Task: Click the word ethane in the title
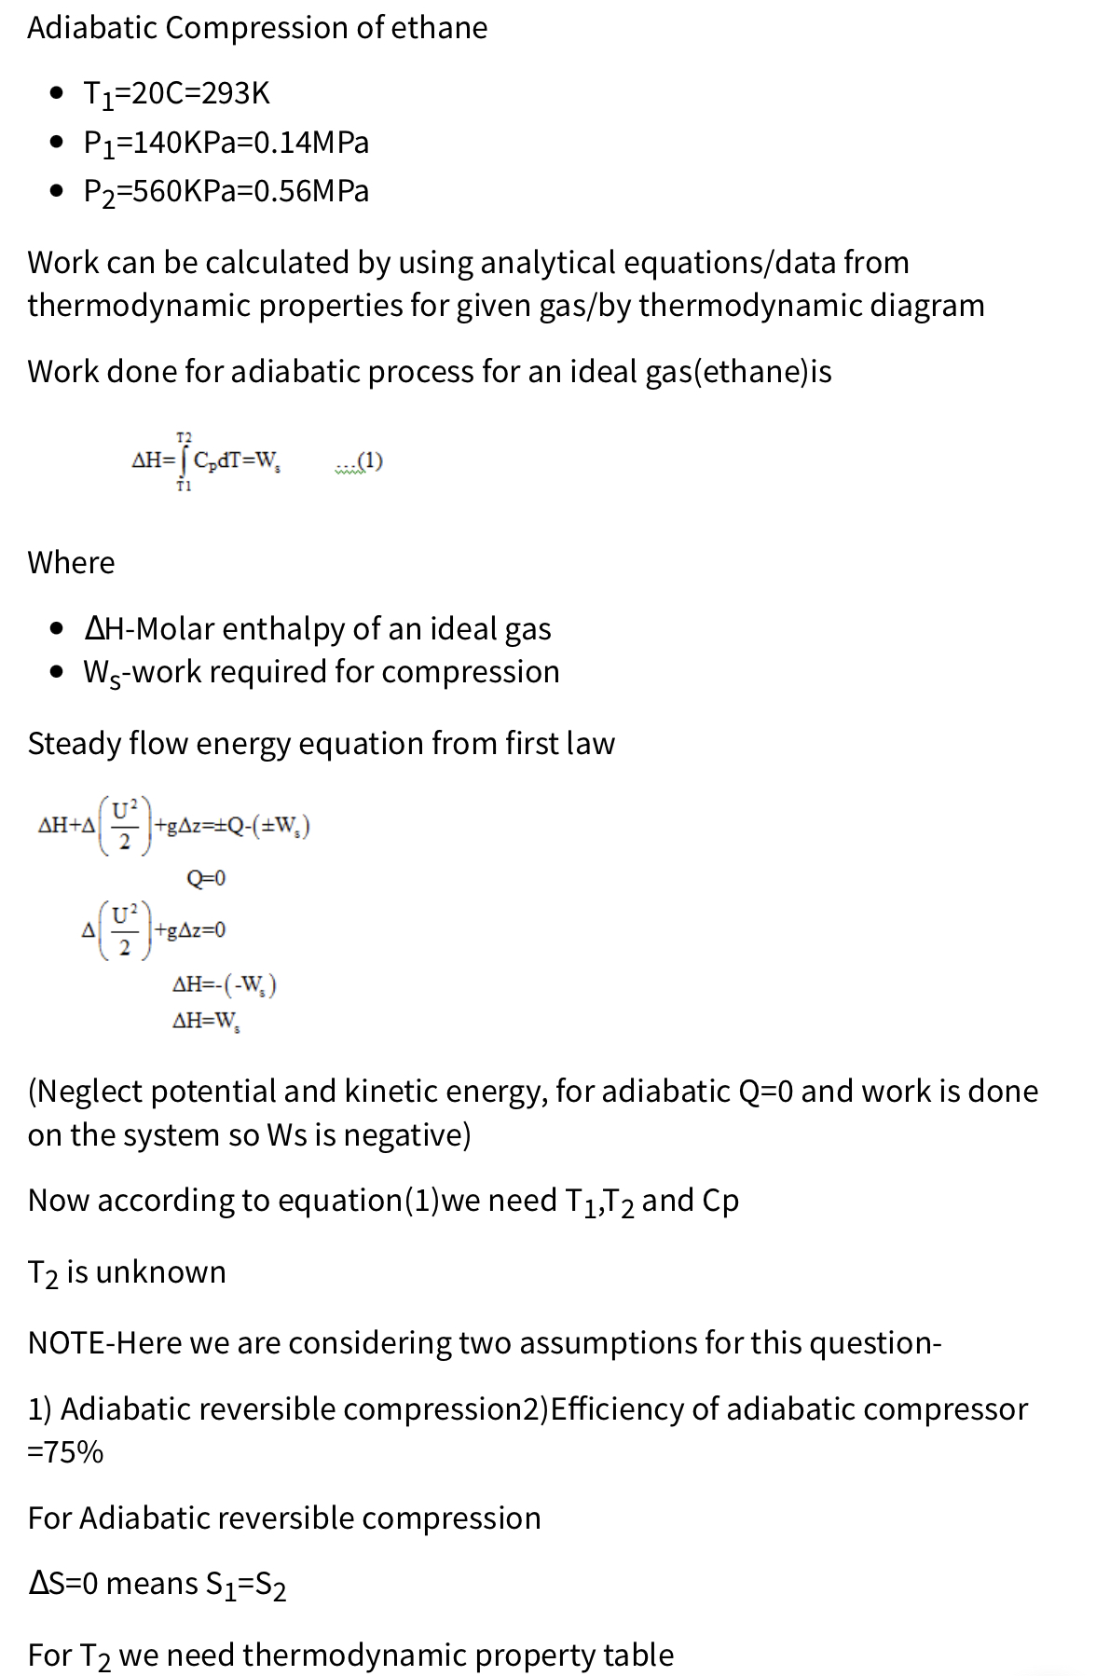438,28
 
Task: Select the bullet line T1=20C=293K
176,93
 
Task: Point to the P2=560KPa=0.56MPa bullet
226,191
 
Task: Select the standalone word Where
71,563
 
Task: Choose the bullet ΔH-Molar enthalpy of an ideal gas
317,629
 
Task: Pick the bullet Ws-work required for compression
321,672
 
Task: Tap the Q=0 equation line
206,878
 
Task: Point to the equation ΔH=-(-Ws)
224,984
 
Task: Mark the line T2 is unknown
127,1272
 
